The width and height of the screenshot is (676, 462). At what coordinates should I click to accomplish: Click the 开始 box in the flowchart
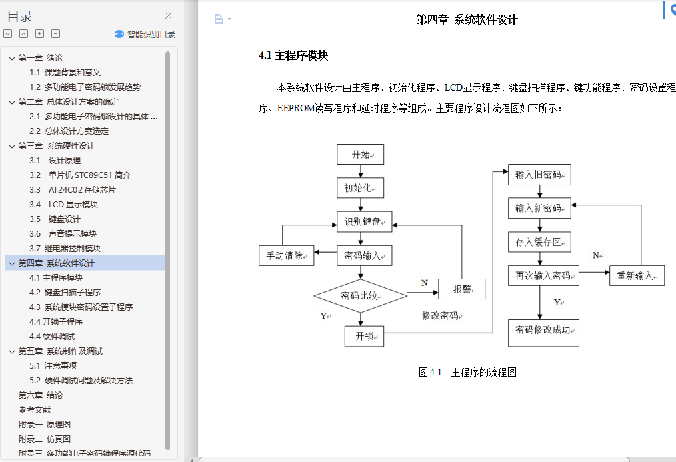[360, 154]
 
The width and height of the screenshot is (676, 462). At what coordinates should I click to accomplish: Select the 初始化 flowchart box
[360, 187]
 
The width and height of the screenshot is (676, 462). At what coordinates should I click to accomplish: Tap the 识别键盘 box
[364, 221]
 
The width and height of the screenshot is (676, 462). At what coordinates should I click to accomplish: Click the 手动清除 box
[286, 255]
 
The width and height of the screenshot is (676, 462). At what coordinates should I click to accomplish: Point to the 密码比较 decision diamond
[360, 295]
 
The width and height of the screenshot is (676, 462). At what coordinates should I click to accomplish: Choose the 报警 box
[461, 289]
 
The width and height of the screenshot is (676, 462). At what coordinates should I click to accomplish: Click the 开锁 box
[364, 336]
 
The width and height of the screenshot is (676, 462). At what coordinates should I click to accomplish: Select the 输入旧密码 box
[539, 175]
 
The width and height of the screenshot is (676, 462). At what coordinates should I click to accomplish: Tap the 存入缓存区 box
[539, 241]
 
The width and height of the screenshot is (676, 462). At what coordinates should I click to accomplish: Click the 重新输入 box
[637, 275]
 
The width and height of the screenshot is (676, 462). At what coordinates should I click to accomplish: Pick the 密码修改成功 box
[543, 329]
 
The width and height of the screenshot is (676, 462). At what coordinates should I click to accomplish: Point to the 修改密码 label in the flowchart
[441, 315]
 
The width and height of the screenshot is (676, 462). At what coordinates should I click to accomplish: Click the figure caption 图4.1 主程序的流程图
[467, 372]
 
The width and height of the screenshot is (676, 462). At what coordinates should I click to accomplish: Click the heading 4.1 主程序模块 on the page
[293, 56]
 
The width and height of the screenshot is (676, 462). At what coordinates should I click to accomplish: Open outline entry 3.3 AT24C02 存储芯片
[73, 189]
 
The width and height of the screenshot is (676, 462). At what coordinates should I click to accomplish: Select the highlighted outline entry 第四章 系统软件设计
[57, 263]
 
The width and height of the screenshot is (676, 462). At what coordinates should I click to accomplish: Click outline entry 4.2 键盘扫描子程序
[65, 292]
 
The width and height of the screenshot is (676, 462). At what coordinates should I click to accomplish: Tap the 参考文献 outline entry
[35, 409]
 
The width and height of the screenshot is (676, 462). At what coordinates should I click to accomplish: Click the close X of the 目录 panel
[168, 16]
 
